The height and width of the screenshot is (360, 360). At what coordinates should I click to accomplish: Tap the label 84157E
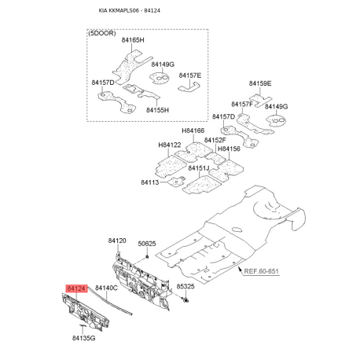pos(189,75)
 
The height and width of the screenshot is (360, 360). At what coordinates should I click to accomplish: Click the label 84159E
pos(260,83)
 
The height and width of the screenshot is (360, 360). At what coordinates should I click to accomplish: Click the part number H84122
pos(169,145)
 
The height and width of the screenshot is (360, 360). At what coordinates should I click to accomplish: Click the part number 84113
pos(150,182)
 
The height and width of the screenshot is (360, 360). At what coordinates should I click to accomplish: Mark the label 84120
pos(117,240)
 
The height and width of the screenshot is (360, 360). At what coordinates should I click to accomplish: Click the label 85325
pos(186,287)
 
